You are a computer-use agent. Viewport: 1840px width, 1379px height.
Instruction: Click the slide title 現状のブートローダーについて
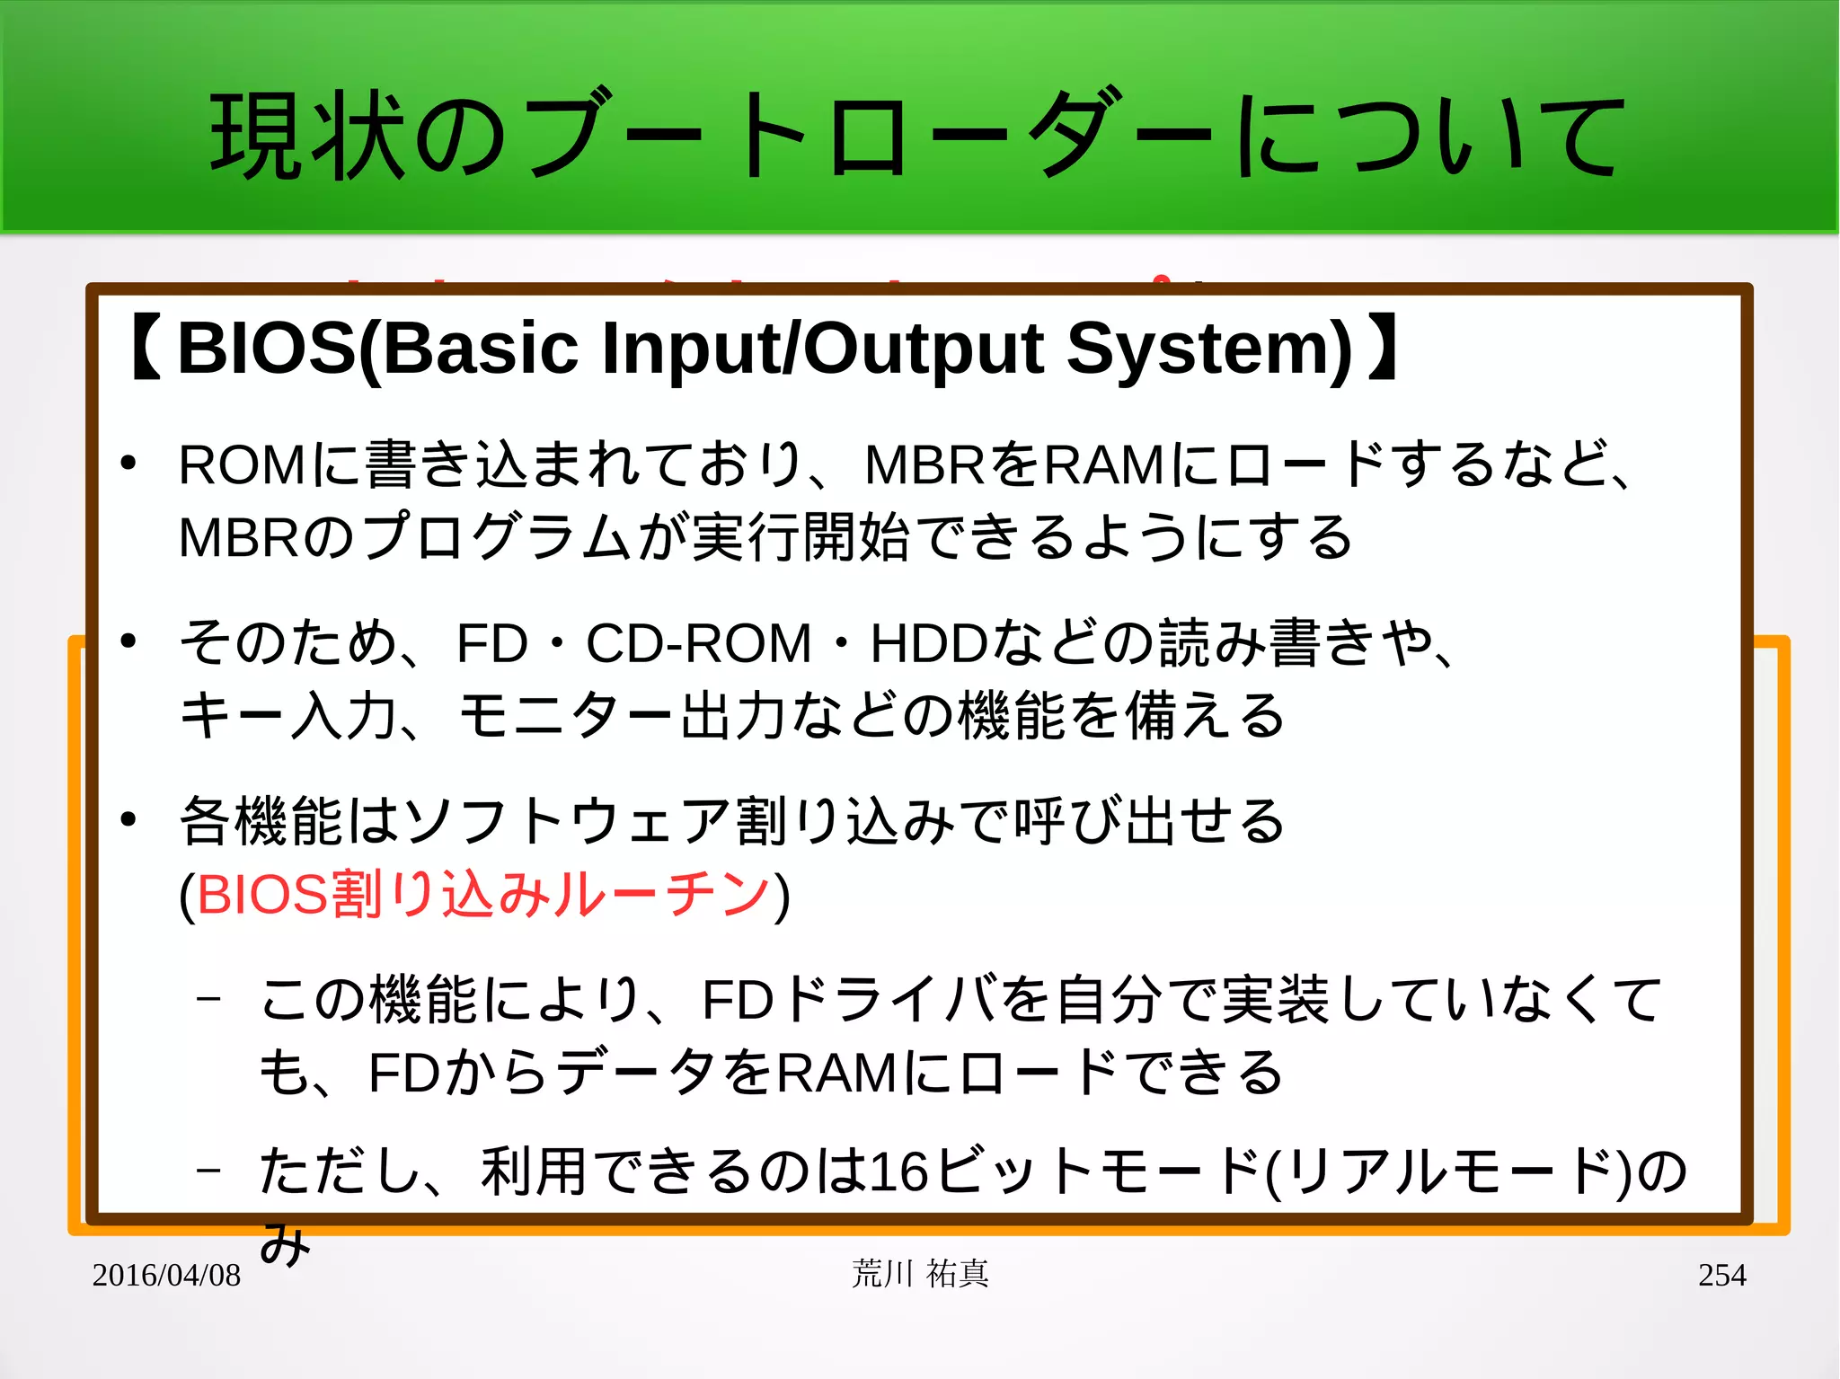click(916, 135)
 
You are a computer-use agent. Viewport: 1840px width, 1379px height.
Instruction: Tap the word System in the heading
click(1208, 349)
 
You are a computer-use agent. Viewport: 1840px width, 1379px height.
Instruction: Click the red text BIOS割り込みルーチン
click(483, 895)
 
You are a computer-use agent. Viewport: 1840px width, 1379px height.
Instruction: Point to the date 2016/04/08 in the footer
click(166, 1275)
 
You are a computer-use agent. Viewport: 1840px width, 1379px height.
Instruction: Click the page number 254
click(1721, 1275)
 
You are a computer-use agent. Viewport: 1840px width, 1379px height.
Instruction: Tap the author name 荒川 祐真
click(920, 1274)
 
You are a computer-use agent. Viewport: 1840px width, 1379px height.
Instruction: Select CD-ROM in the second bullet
click(698, 644)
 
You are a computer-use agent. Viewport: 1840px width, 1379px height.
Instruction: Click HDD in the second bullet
click(928, 644)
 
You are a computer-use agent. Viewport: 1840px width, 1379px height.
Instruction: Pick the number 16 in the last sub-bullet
click(898, 1171)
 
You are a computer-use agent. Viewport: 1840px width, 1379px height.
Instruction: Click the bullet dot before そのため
click(128, 641)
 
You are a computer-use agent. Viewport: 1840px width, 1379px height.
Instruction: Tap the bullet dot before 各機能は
click(128, 818)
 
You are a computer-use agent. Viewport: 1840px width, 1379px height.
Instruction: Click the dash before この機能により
click(208, 998)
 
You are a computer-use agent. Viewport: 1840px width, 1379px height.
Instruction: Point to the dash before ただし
click(208, 1170)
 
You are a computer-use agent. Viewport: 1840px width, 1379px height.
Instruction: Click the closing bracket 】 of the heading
click(1381, 349)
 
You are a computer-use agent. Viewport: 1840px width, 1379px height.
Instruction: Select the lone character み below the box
click(285, 1244)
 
